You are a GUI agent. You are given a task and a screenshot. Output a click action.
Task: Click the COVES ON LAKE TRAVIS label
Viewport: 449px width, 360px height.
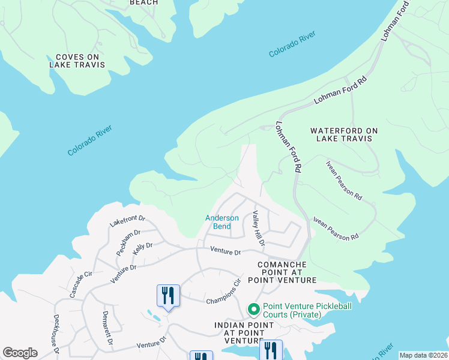tap(76, 61)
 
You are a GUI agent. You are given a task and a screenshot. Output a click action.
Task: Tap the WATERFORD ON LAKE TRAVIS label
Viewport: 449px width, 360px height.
tap(340, 134)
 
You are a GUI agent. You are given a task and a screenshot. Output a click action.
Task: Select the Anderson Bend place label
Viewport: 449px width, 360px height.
tap(222, 222)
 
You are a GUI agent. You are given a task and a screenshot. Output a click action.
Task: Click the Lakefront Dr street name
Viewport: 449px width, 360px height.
tap(128, 221)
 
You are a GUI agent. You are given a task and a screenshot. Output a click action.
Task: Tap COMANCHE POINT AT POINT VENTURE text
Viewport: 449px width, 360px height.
tap(286, 272)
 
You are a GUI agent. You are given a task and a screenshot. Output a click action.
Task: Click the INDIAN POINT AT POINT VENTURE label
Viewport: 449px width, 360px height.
tap(244, 333)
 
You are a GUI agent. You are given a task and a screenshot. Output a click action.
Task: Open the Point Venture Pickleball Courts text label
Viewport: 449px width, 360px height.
tap(307, 310)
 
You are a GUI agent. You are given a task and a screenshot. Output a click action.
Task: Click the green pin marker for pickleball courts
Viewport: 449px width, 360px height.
tap(253, 310)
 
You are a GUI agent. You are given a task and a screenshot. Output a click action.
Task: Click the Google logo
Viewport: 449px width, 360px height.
tap(20, 353)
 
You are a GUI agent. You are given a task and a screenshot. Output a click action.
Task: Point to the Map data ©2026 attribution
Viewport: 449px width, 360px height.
tap(423, 355)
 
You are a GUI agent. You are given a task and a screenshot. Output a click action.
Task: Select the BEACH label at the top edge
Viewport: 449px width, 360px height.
tap(144, 2)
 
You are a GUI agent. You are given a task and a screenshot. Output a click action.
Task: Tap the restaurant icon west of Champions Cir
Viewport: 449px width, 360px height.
tap(167, 296)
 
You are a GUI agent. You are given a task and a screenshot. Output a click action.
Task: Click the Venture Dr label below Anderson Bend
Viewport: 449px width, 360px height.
tap(225, 252)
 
